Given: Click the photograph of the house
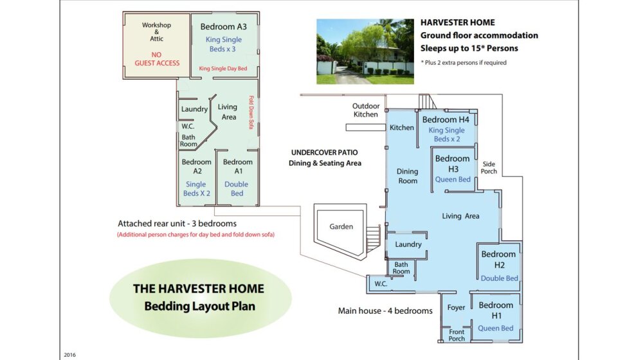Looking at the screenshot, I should [365, 51].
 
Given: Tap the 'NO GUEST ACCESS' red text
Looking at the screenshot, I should [157, 59].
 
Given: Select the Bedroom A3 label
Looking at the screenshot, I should [223, 27].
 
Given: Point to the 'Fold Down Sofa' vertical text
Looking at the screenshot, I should [251, 113].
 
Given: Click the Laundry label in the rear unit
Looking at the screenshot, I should [194, 109].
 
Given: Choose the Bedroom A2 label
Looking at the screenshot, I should [196, 166].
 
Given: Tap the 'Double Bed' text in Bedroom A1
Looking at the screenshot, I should [237, 188].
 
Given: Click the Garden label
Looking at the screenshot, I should [341, 226].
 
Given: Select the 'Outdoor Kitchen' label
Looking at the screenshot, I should [366, 110].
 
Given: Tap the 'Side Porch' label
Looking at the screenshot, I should [489, 167].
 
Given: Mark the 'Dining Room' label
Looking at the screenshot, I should [407, 176].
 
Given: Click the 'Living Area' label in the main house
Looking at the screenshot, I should [460, 216].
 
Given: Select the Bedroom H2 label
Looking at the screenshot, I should [498, 259].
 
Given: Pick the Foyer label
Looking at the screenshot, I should [456, 308].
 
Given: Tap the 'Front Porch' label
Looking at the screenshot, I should [456, 335].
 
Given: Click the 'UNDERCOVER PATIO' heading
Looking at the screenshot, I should [324, 153].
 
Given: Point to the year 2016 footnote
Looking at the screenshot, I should [70, 354].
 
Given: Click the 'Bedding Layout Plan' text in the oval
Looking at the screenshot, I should [199, 306].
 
